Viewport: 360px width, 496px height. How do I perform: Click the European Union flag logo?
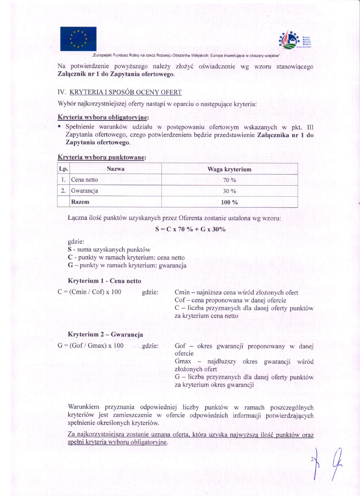point(78,39)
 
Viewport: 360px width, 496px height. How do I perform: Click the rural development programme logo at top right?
point(294,40)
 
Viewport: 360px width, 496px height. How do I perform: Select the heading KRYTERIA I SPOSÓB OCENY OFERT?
point(125,92)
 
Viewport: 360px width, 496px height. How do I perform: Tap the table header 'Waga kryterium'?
point(229,169)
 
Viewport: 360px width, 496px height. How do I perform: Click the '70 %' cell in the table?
point(229,180)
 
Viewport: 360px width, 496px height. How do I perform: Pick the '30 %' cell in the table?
point(229,191)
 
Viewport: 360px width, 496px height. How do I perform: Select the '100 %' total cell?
point(229,202)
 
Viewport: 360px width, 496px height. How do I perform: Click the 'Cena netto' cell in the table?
point(85,180)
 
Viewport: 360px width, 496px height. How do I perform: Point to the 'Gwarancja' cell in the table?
point(85,191)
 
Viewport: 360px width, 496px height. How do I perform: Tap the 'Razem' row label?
point(80,202)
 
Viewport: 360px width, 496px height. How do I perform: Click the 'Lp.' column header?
point(63,169)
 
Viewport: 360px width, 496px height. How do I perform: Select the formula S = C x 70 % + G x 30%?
point(190,229)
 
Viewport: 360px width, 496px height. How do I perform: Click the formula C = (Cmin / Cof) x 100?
point(89,292)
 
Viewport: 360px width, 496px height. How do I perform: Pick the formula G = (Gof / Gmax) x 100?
point(90,345)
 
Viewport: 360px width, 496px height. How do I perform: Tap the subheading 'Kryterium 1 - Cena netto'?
point(104,281)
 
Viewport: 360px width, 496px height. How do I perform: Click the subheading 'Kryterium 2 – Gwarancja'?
point(105,335)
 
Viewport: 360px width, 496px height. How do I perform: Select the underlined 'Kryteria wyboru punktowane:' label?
point(102,157)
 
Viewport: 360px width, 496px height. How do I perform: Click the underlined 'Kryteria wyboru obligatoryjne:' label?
point(103,117)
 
